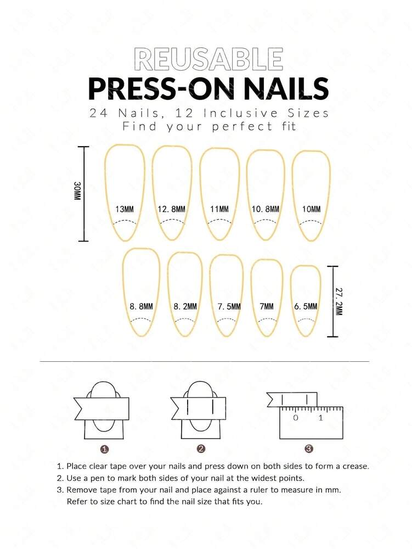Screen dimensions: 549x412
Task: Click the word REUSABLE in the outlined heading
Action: pos(208,59)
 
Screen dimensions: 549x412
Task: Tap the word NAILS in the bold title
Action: pos(281,88)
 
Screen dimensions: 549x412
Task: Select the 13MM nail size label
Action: pos(125,209)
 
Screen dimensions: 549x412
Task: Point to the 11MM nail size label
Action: pos(219,209)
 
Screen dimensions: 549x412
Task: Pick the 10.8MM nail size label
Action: pos(266,209)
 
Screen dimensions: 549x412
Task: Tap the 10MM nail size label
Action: pos(311,209)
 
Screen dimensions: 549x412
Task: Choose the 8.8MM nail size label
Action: pos(141,306)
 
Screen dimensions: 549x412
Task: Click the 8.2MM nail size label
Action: pos(185,306)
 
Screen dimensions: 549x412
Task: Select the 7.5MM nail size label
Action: pos(226,306)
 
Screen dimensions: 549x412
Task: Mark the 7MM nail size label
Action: pos(266,306)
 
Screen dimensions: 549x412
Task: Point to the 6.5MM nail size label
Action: pos(305,306)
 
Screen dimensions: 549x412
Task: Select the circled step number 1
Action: pos(104,449)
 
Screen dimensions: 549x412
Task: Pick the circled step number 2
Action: pos(201,449)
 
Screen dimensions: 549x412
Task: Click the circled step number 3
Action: pos(309,449)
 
